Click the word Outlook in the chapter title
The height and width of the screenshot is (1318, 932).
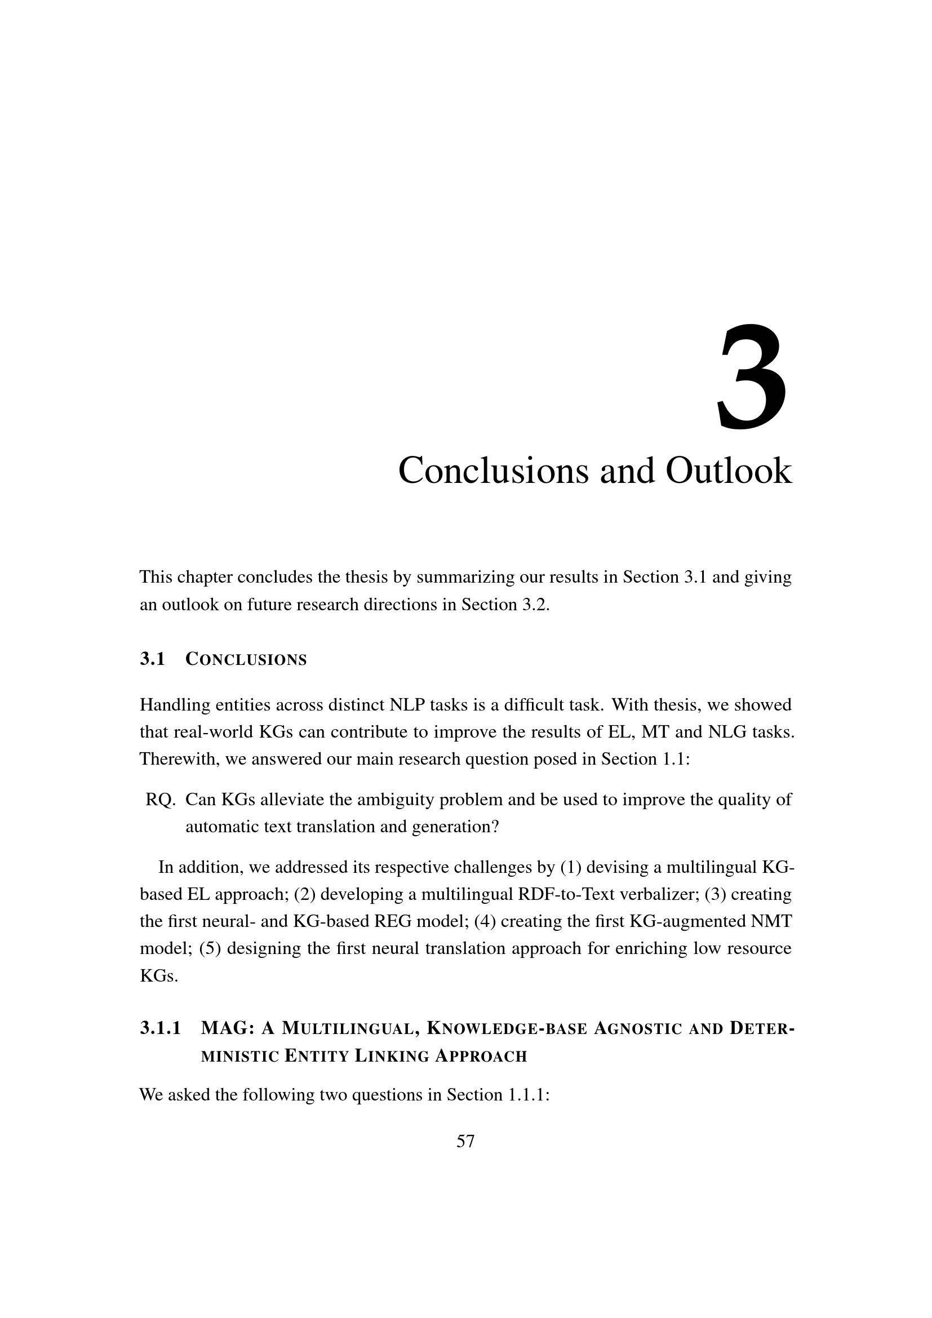728,471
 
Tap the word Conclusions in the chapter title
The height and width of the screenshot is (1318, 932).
492,471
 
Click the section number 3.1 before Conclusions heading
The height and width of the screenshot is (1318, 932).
152,660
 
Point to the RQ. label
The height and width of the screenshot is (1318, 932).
160,800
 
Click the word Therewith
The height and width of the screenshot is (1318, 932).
179,760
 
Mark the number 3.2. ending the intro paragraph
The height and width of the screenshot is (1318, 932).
534,605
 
